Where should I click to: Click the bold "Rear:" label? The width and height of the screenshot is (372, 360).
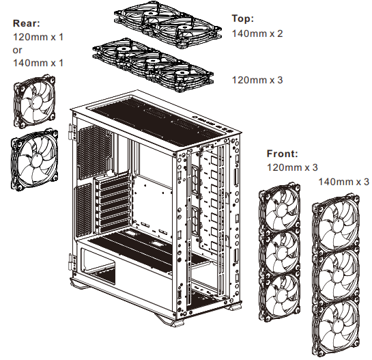click(27, 23)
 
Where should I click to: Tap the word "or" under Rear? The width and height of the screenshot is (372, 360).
click(18, 49)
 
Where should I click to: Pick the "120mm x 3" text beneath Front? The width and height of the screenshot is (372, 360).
click(294, 167)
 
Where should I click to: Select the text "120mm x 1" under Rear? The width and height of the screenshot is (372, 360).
click(38, 36)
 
